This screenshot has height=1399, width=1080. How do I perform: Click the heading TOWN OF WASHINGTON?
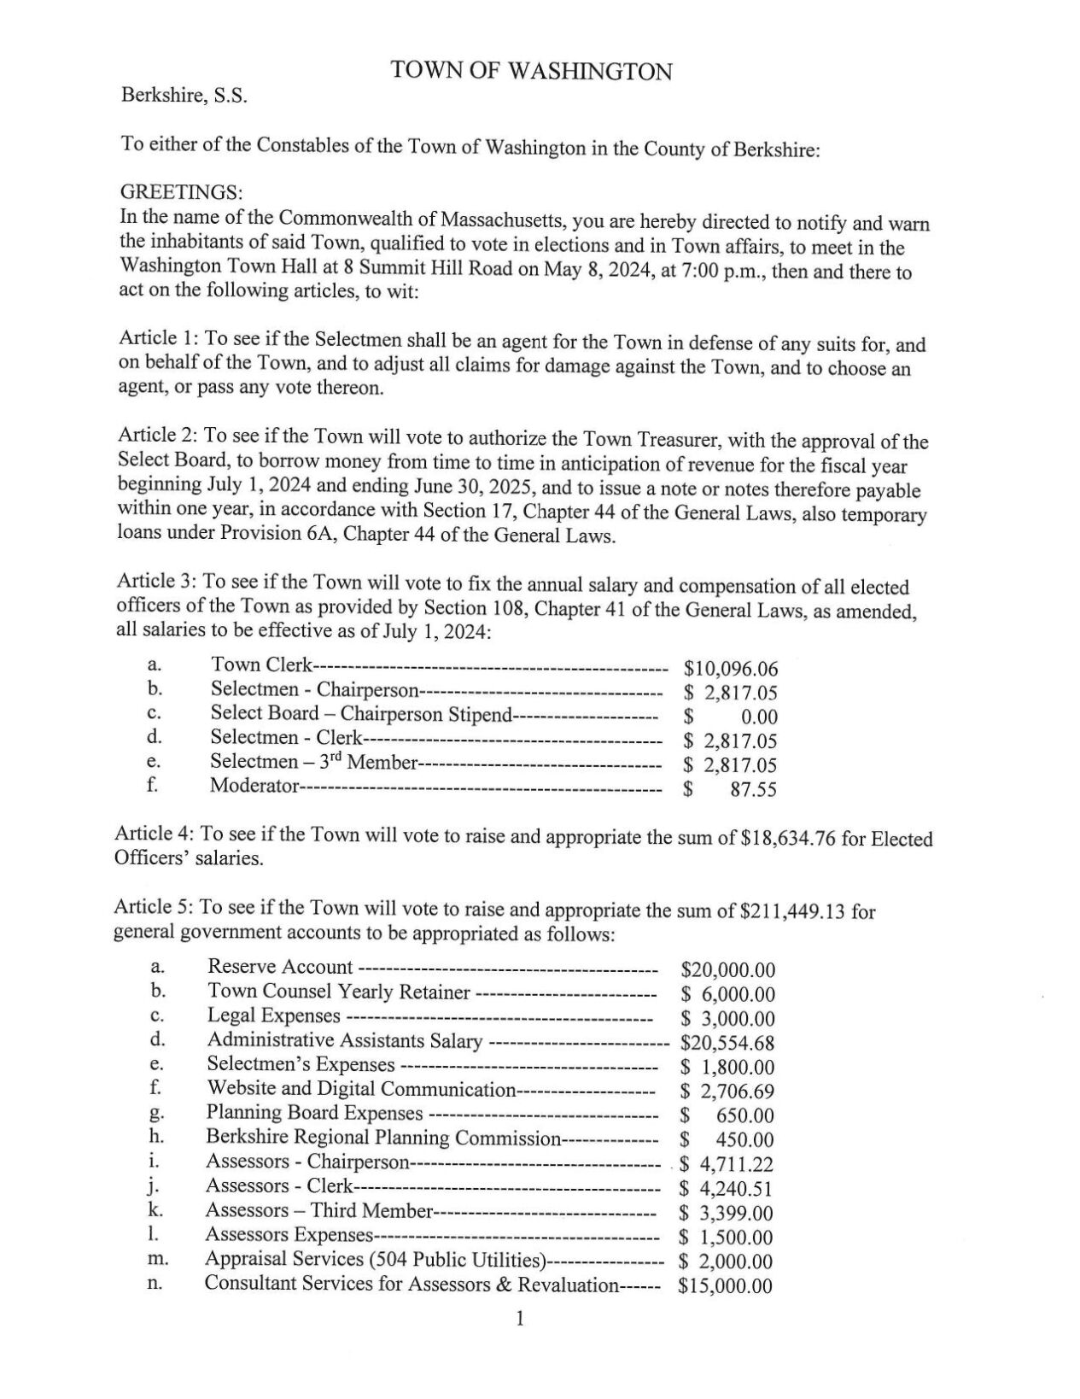tap(531, 71)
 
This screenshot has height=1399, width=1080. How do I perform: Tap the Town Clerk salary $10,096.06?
tap(730, 668)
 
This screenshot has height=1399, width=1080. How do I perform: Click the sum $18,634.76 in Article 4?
tap(788, 839)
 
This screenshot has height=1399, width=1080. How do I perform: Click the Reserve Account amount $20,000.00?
tap(727, 969)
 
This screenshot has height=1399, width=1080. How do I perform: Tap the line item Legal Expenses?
tap(273, 1016)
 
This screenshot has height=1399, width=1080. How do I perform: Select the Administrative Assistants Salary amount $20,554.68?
tap(727, 1042)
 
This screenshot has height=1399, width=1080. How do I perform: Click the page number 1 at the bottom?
tap(519, 1319)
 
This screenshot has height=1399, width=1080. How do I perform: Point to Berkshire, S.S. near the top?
tap(184, 96)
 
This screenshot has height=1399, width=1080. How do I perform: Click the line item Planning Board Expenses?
tap(314, 1113)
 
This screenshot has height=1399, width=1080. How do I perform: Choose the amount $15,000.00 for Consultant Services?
tap(725, 1285)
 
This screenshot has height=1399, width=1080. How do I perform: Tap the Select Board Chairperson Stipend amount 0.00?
tap(758, 717)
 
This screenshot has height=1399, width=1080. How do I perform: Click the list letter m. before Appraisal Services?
tap(157, 1259)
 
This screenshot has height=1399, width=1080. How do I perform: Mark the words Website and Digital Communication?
tap(360, 1089)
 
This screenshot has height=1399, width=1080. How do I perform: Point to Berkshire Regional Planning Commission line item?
tap(382, 1138)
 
